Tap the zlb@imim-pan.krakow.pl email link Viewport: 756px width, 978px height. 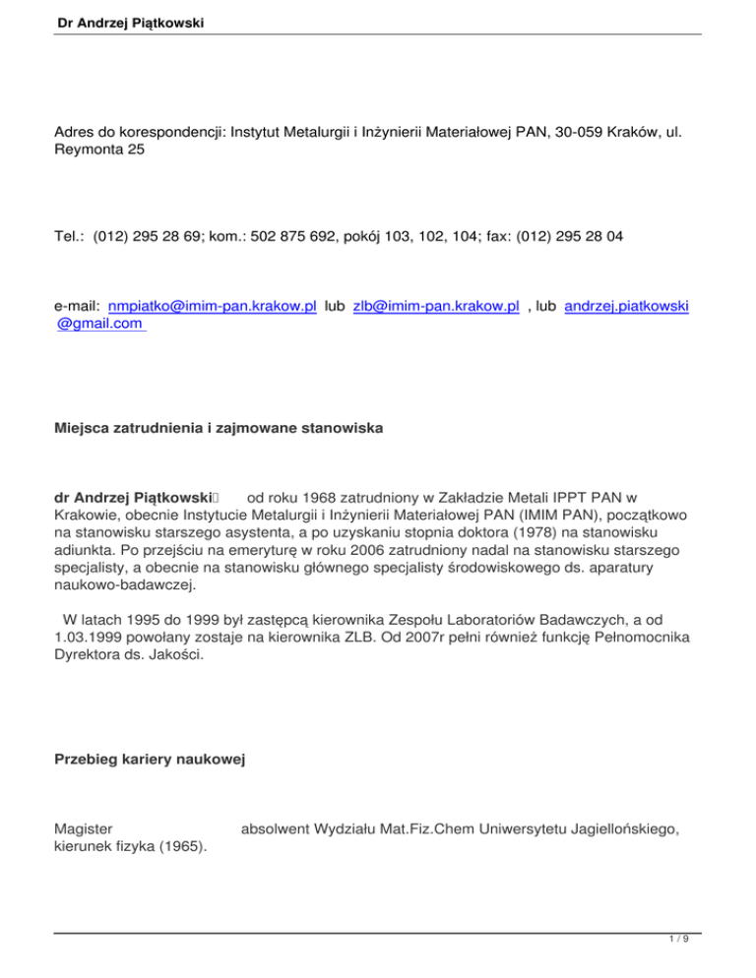[x=436, y=307]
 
